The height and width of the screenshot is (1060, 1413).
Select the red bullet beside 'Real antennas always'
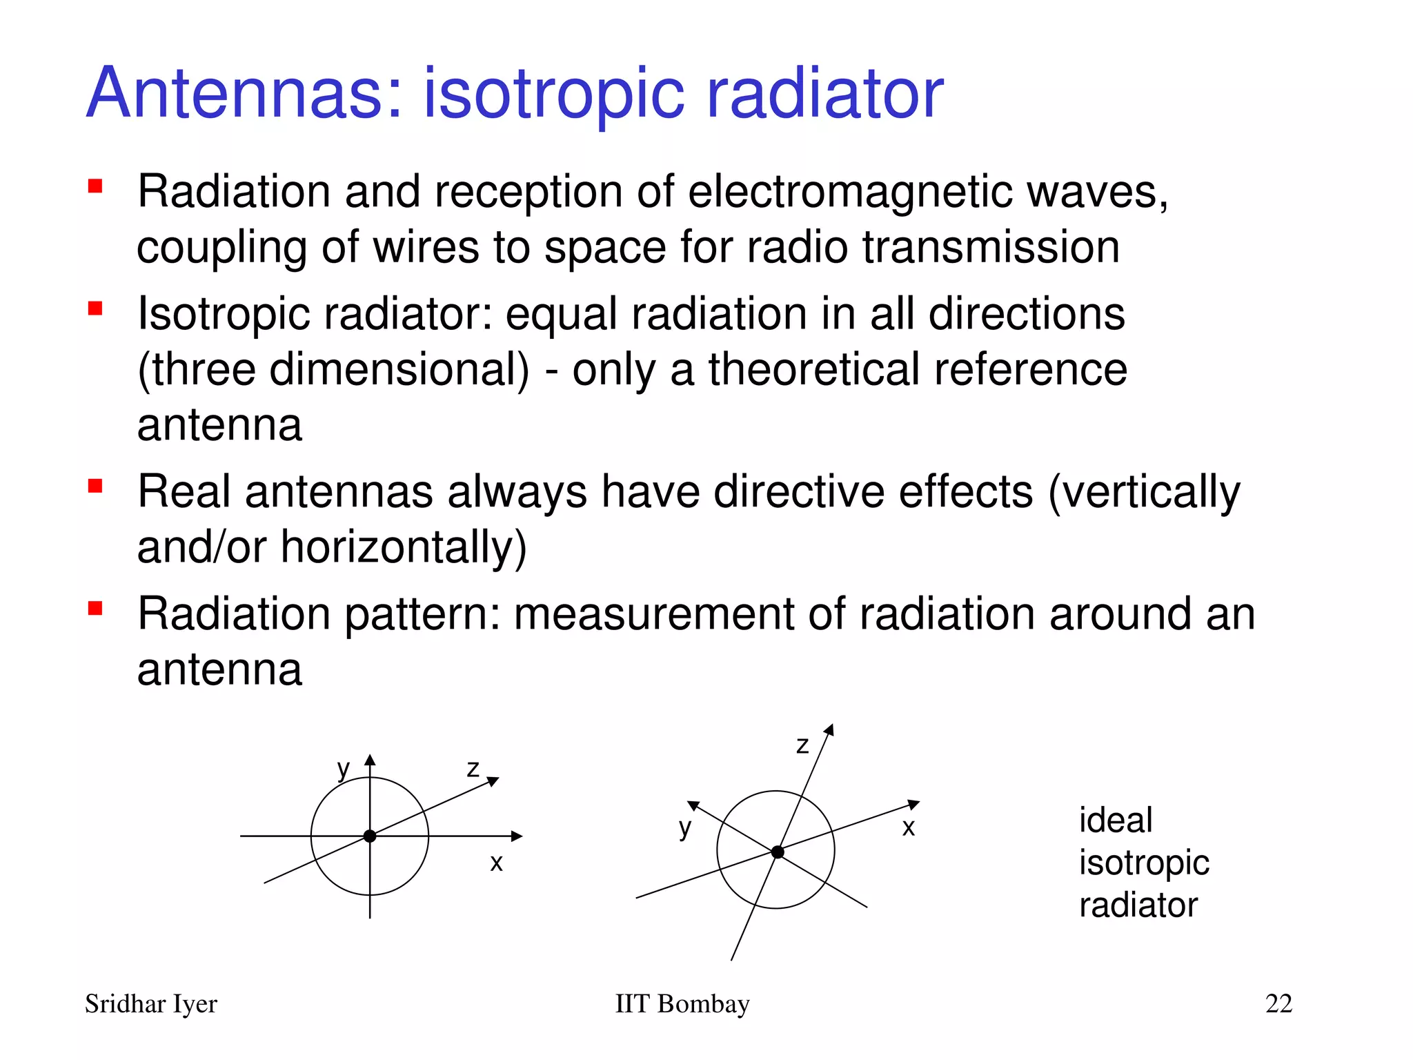[95, 487]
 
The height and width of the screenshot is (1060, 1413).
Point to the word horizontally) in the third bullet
[404, 547]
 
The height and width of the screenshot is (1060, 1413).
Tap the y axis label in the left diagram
[344, 769]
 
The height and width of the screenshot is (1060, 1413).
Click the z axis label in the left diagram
[473, 768]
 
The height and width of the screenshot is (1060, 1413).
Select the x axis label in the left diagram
[496, 863]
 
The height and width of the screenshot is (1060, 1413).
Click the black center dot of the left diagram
[370, 836]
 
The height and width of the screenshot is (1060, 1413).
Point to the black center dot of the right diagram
[778, 852]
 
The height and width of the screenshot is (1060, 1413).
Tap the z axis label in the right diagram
[802, 745]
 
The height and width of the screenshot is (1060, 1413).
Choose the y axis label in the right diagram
[684, 827]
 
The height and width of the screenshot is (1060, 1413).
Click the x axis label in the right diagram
[909, 827]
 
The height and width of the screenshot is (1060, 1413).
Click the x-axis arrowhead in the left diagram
[517, 836]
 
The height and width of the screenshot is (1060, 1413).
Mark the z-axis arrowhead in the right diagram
[830, 730]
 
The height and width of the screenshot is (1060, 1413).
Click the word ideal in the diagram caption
[1115, 821]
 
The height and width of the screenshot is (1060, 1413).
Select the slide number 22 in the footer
[1278, 1003]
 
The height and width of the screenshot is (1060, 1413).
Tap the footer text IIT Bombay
[682, 1003]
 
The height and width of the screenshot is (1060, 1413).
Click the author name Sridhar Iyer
[151, 1004]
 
